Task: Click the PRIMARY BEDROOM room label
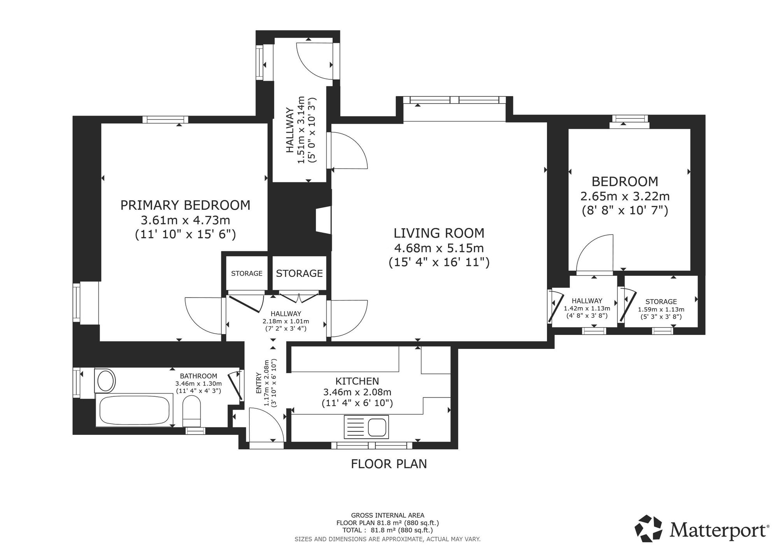point(185,205)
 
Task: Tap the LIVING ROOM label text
point(439,233)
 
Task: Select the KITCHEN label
point(357,381)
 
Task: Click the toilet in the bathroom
point(191,412)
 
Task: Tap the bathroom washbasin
point(105,380)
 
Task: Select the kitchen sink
point(366,426)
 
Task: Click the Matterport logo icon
point(648,529)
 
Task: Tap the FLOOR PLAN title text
point(389,464)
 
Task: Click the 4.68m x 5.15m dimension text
point(439,248)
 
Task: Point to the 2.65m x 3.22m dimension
point(625,196)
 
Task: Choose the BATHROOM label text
point(198,376)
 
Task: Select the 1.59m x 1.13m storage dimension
point(661,310)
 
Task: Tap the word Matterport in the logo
point(719,530)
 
